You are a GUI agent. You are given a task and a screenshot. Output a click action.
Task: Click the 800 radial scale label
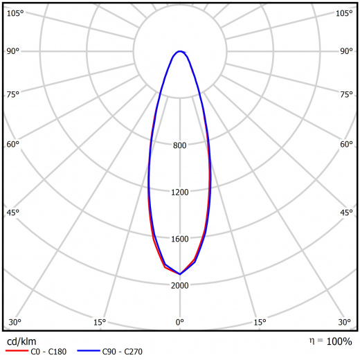(x=179, y=145)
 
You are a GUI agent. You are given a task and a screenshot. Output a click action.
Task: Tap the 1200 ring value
(x=180, y=192)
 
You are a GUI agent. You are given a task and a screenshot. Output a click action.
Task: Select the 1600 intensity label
(x=180, y=239)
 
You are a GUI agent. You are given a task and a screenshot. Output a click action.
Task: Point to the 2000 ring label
(x=180, y=286)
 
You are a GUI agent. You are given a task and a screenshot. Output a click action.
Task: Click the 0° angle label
(x=180, y=322)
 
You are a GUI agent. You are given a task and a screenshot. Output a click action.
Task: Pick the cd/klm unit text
(x=21, y=341)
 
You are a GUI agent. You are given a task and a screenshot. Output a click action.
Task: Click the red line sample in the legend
(x=17, y=351)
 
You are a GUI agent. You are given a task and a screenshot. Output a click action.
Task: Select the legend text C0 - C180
(x=48, y=352)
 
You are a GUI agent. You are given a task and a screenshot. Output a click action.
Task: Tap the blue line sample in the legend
(x=89, y=351)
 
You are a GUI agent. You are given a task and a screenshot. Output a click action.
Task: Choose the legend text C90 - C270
(x=123, y=352)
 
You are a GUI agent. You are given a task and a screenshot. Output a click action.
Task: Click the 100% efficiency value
(x=339, y=341)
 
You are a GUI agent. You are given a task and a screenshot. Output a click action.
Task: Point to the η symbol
(x=312, y=341)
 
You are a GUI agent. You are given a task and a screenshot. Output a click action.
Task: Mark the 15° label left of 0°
(x=100, y=322)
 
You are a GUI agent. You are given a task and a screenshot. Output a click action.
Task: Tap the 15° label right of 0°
(x=260, y=322)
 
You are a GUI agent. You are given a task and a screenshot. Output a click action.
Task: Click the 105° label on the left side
(x=15, y=13)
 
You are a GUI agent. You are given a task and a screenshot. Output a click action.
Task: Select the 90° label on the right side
(x=346, y=51)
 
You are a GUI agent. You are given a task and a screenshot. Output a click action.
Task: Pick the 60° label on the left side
(x=12, y=145)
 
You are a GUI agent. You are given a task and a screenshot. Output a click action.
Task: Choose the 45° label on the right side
(x=346, y=213)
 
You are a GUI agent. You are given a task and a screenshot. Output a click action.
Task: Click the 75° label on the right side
(x=346, y=94)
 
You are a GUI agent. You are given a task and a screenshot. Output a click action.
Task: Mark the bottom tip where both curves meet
(x=180, y=274)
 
